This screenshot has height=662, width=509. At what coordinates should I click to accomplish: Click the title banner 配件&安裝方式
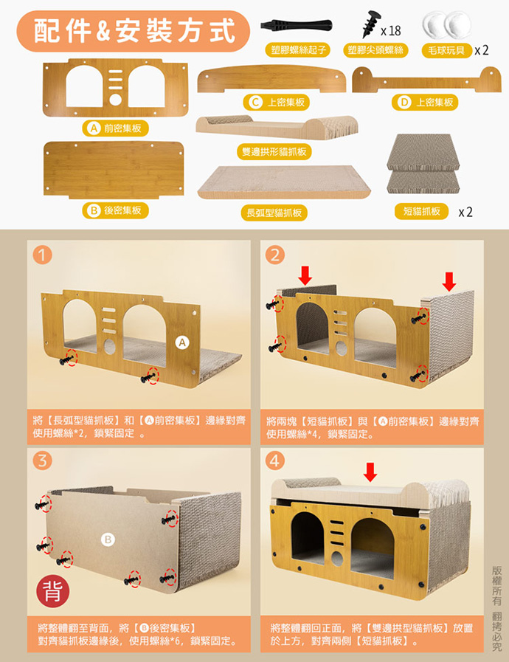pyautogui.click(x=133, y=31)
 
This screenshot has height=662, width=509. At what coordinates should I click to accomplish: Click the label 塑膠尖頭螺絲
pyautogui.click(x=375, y=50)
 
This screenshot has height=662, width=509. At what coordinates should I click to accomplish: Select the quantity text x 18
pyautogui.click(x=391, y=31)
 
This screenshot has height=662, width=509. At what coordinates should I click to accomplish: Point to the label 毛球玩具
pyautogui.click(x=446, y=51)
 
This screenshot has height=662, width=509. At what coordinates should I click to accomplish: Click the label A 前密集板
pyautogui.click(x=115, y=128)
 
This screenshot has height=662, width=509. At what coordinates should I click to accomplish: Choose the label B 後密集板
pyautogui.click(x=115, y=210)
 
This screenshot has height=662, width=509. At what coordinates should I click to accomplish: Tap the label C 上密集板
pyautogui.click(x=277, y=102)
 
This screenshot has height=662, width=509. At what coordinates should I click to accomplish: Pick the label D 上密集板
pyautogui.click(x=425, y=102)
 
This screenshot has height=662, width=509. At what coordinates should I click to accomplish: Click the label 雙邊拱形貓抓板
pyautogui.click(x=274, y=152)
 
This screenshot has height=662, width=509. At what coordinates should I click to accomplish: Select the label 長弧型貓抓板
pyautogui.click(x=274, y=213)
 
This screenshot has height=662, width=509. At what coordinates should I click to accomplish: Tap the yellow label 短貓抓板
pyautogui.click(x=422, y=211)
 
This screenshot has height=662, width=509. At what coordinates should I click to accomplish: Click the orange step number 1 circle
pyautogui.click(x=42, y=255)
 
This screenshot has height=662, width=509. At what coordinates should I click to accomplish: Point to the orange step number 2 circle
pyautogui.click(x=275, y=255)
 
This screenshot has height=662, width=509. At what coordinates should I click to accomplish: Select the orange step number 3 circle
pyautogui.click(x=42, y=461)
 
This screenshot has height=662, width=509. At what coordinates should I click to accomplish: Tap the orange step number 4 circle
pyautogui.click(x=275, y=461)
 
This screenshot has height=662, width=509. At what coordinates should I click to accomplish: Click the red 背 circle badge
pyautogui.click(x=53, y=591)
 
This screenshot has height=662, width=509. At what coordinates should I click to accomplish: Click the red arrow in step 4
pyautogui.click(x=370, y=472)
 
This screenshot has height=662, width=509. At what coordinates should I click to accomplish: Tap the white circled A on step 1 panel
pyautogui.click(x=182, y=343)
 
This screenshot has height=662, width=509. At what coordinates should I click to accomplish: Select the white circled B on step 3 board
pyautogui.click(x=108, y=539)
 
